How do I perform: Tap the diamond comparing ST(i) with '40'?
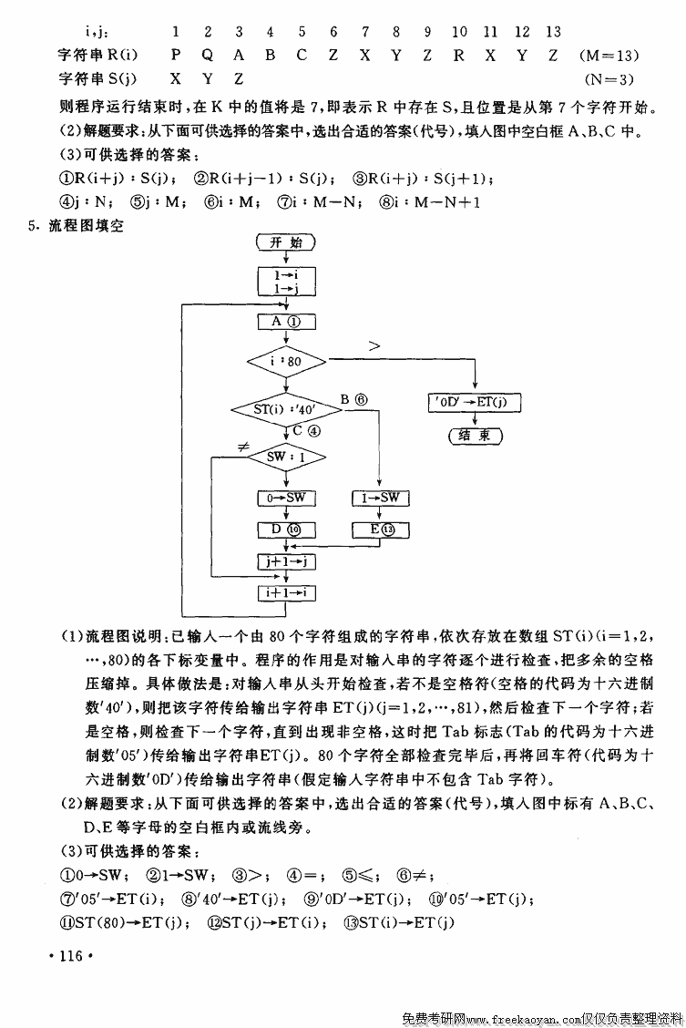point(286,410)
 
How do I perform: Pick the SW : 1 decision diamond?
point(286,456)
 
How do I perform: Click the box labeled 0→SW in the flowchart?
point(286,498)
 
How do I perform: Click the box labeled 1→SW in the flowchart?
point(380,498)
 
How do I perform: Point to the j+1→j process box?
point(286,562)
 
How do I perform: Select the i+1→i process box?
point(286,592)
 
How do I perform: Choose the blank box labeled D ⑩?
point(286,529)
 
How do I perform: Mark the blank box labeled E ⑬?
point(380,529)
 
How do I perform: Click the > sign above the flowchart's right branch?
point(374,345)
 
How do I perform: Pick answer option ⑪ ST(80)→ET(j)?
point(126,922)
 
